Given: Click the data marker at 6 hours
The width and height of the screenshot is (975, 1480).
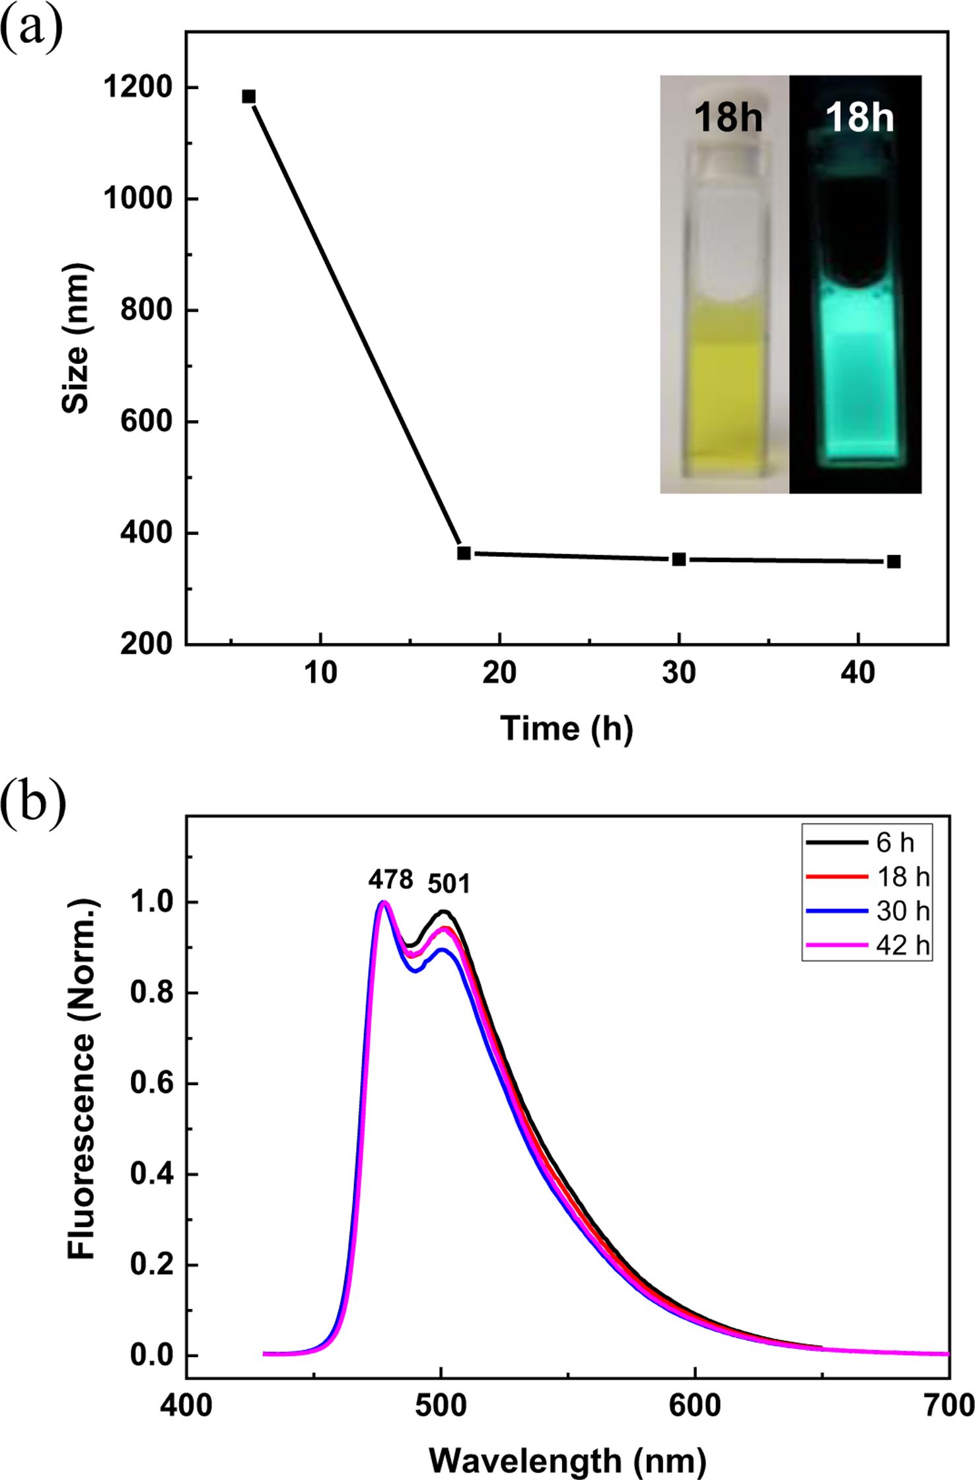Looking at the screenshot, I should tap(248, 96).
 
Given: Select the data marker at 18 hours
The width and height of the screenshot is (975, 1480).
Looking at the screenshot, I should tap(464, 553).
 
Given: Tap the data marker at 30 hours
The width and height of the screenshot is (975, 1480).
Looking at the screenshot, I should tap(679, 559).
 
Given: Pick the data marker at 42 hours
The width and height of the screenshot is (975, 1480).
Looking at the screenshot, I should tap(894, 561).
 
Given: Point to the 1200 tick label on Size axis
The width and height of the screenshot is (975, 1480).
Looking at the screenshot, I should tap(137, 87).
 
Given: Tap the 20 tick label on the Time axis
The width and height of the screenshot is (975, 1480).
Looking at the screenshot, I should tap(500, 673).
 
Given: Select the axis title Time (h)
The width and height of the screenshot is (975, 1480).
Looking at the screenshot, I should tap(567, 729).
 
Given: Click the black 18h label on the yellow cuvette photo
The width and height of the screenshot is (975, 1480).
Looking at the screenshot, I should tap(727, 118).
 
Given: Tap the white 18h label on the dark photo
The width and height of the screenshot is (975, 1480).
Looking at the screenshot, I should tap(859, 118).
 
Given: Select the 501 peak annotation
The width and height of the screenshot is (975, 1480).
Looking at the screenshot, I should tap(449, 883).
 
